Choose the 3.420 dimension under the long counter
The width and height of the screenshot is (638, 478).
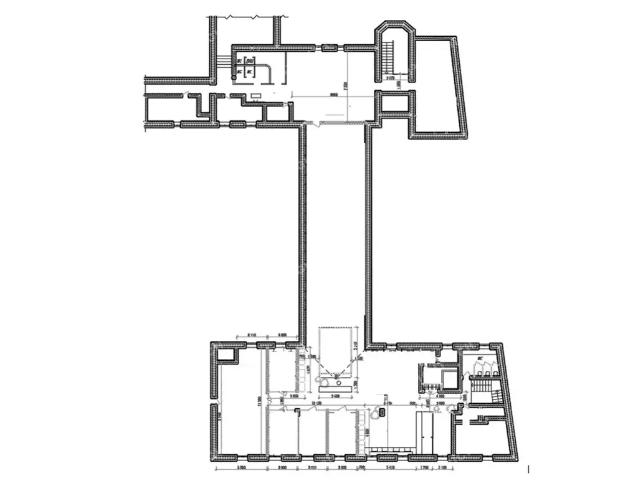click(x=336, y=396)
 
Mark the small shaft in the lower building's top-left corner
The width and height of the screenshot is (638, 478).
click(x=227, y=355)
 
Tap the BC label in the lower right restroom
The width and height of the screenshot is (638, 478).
click(x=479, y=360)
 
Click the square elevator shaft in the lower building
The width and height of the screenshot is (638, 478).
click(x=448, y=376)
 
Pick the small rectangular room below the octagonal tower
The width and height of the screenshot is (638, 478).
click(x=395, y=103)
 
